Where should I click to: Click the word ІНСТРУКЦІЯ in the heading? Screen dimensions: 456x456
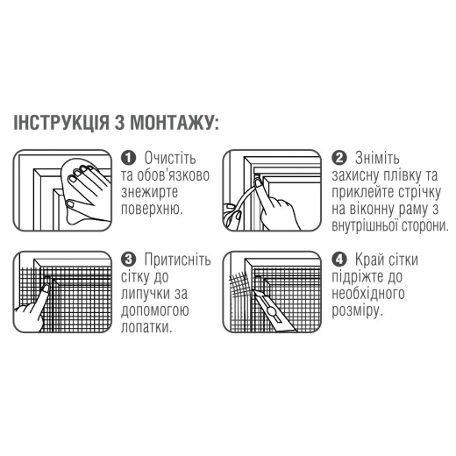click(x=61, y=123)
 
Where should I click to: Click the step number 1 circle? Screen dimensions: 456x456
click(x=128, y=158)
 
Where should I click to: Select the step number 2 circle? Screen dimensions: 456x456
click(x=339, y=158)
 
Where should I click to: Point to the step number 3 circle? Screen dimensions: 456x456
click(x=128, y=260)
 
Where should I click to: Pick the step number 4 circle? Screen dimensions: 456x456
click(x=339, y=260)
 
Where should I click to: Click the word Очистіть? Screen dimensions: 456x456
click(x=170, y=158)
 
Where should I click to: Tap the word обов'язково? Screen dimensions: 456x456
click(x=173, y=175)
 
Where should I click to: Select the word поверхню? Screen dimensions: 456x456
click(x=152, y=210)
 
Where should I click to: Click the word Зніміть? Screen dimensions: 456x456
click(x=377, y=158)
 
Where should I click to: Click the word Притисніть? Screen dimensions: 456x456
click(x=177, y=260)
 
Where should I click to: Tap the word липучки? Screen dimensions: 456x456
click(x=146, y=294)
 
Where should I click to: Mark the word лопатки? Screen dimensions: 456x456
click(x=146, y=328)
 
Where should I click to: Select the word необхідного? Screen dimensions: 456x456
click(x=368, y=294)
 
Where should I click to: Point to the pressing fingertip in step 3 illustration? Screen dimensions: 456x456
click(x=46, y=289)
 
